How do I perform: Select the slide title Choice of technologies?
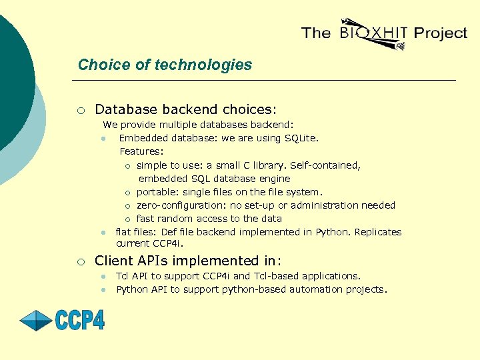coord(165,65)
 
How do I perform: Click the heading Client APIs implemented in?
coord(188,261)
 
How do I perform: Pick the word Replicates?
coord(378,232)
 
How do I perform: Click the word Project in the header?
coord(440,33)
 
